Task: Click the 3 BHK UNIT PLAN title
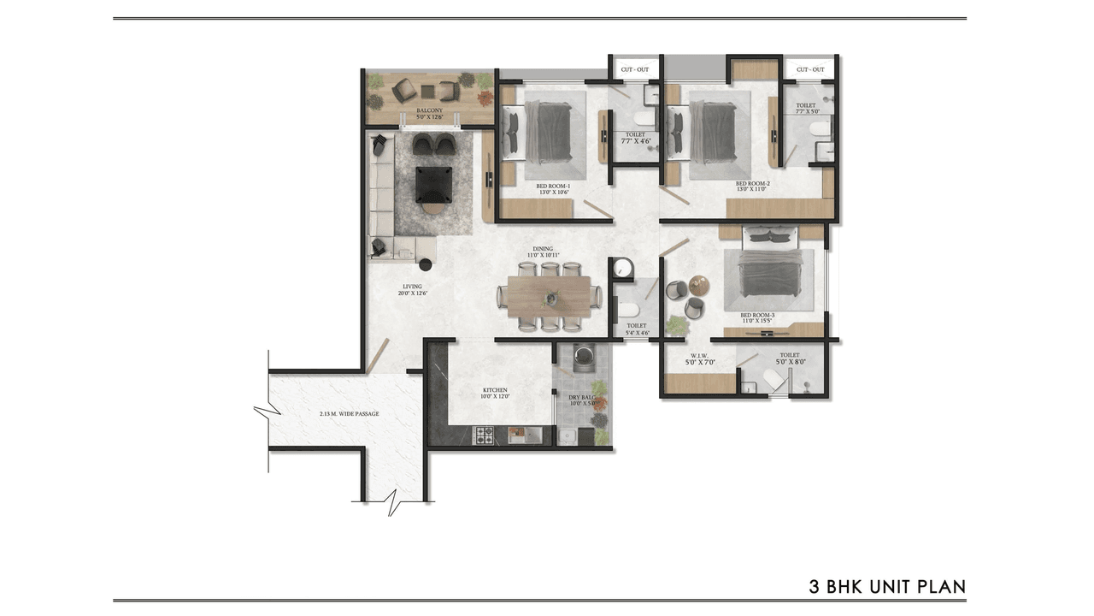tap(887, 587)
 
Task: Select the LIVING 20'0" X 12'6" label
tap(413, 290)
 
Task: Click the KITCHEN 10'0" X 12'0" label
tap(495, 393)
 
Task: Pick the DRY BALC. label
tap(581, 400)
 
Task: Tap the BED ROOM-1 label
tap(553, 189)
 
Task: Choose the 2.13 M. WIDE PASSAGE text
tap(349, 414)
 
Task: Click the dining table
tap(549, 295)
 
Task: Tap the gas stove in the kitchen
tap(484, 435)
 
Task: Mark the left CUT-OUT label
tap(634, 69)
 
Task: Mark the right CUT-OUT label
tap(810, 69)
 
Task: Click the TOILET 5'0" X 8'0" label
tap(789, 358)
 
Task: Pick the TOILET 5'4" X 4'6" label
tap(638, 329)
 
